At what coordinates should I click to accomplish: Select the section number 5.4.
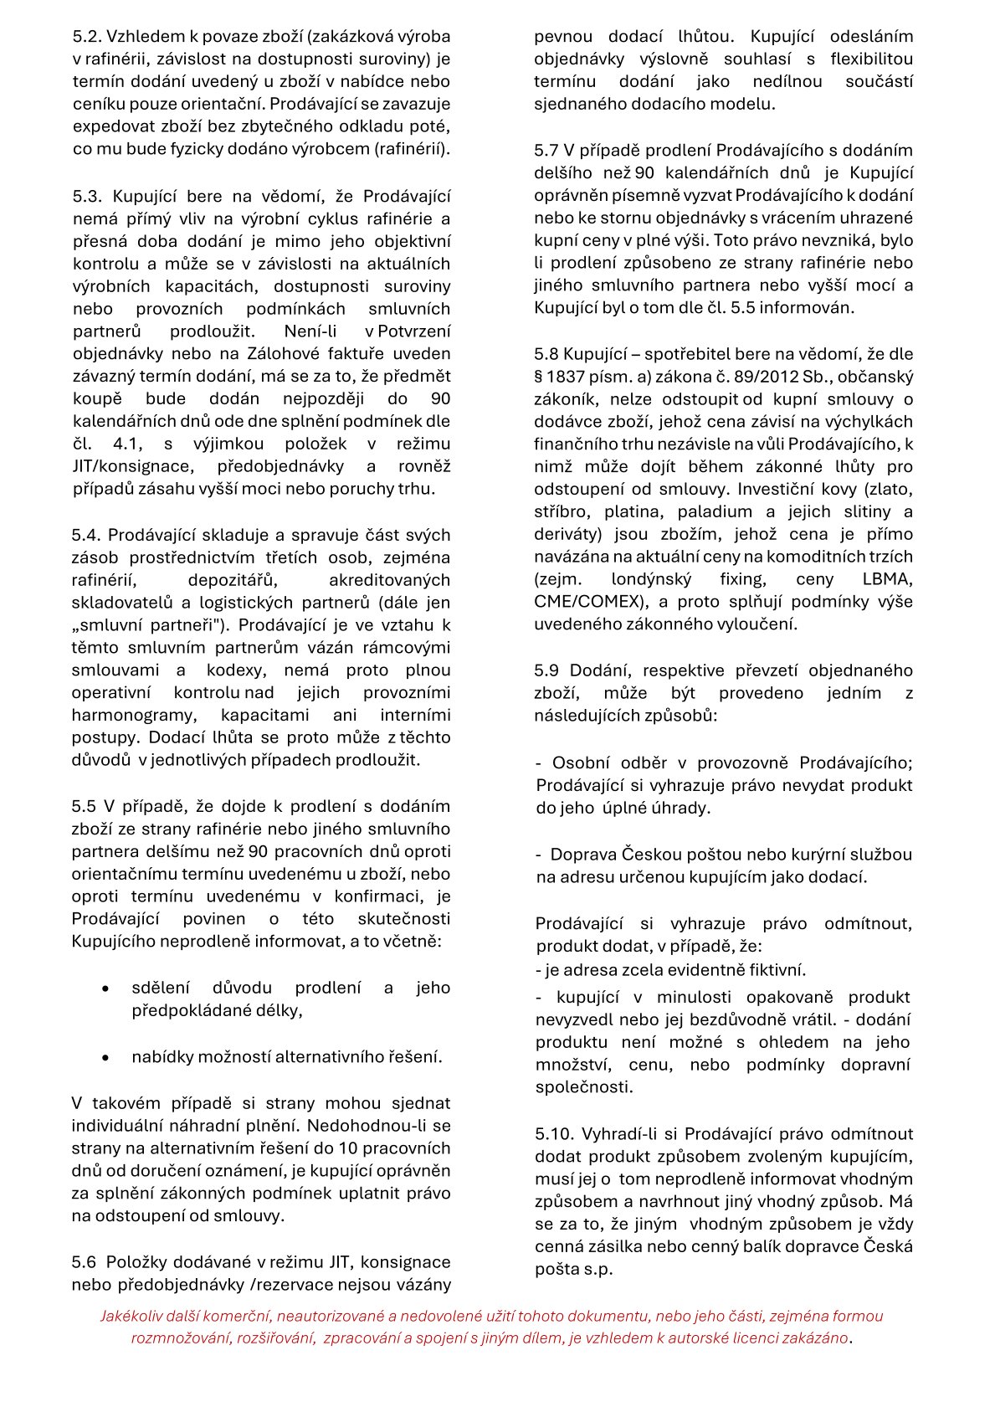(85, 535)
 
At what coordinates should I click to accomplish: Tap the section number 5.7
(547, 151)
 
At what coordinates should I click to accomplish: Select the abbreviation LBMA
(888, 579)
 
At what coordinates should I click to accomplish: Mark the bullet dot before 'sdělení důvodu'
(105, 988)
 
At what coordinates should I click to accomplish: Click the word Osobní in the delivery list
(580, 763)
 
